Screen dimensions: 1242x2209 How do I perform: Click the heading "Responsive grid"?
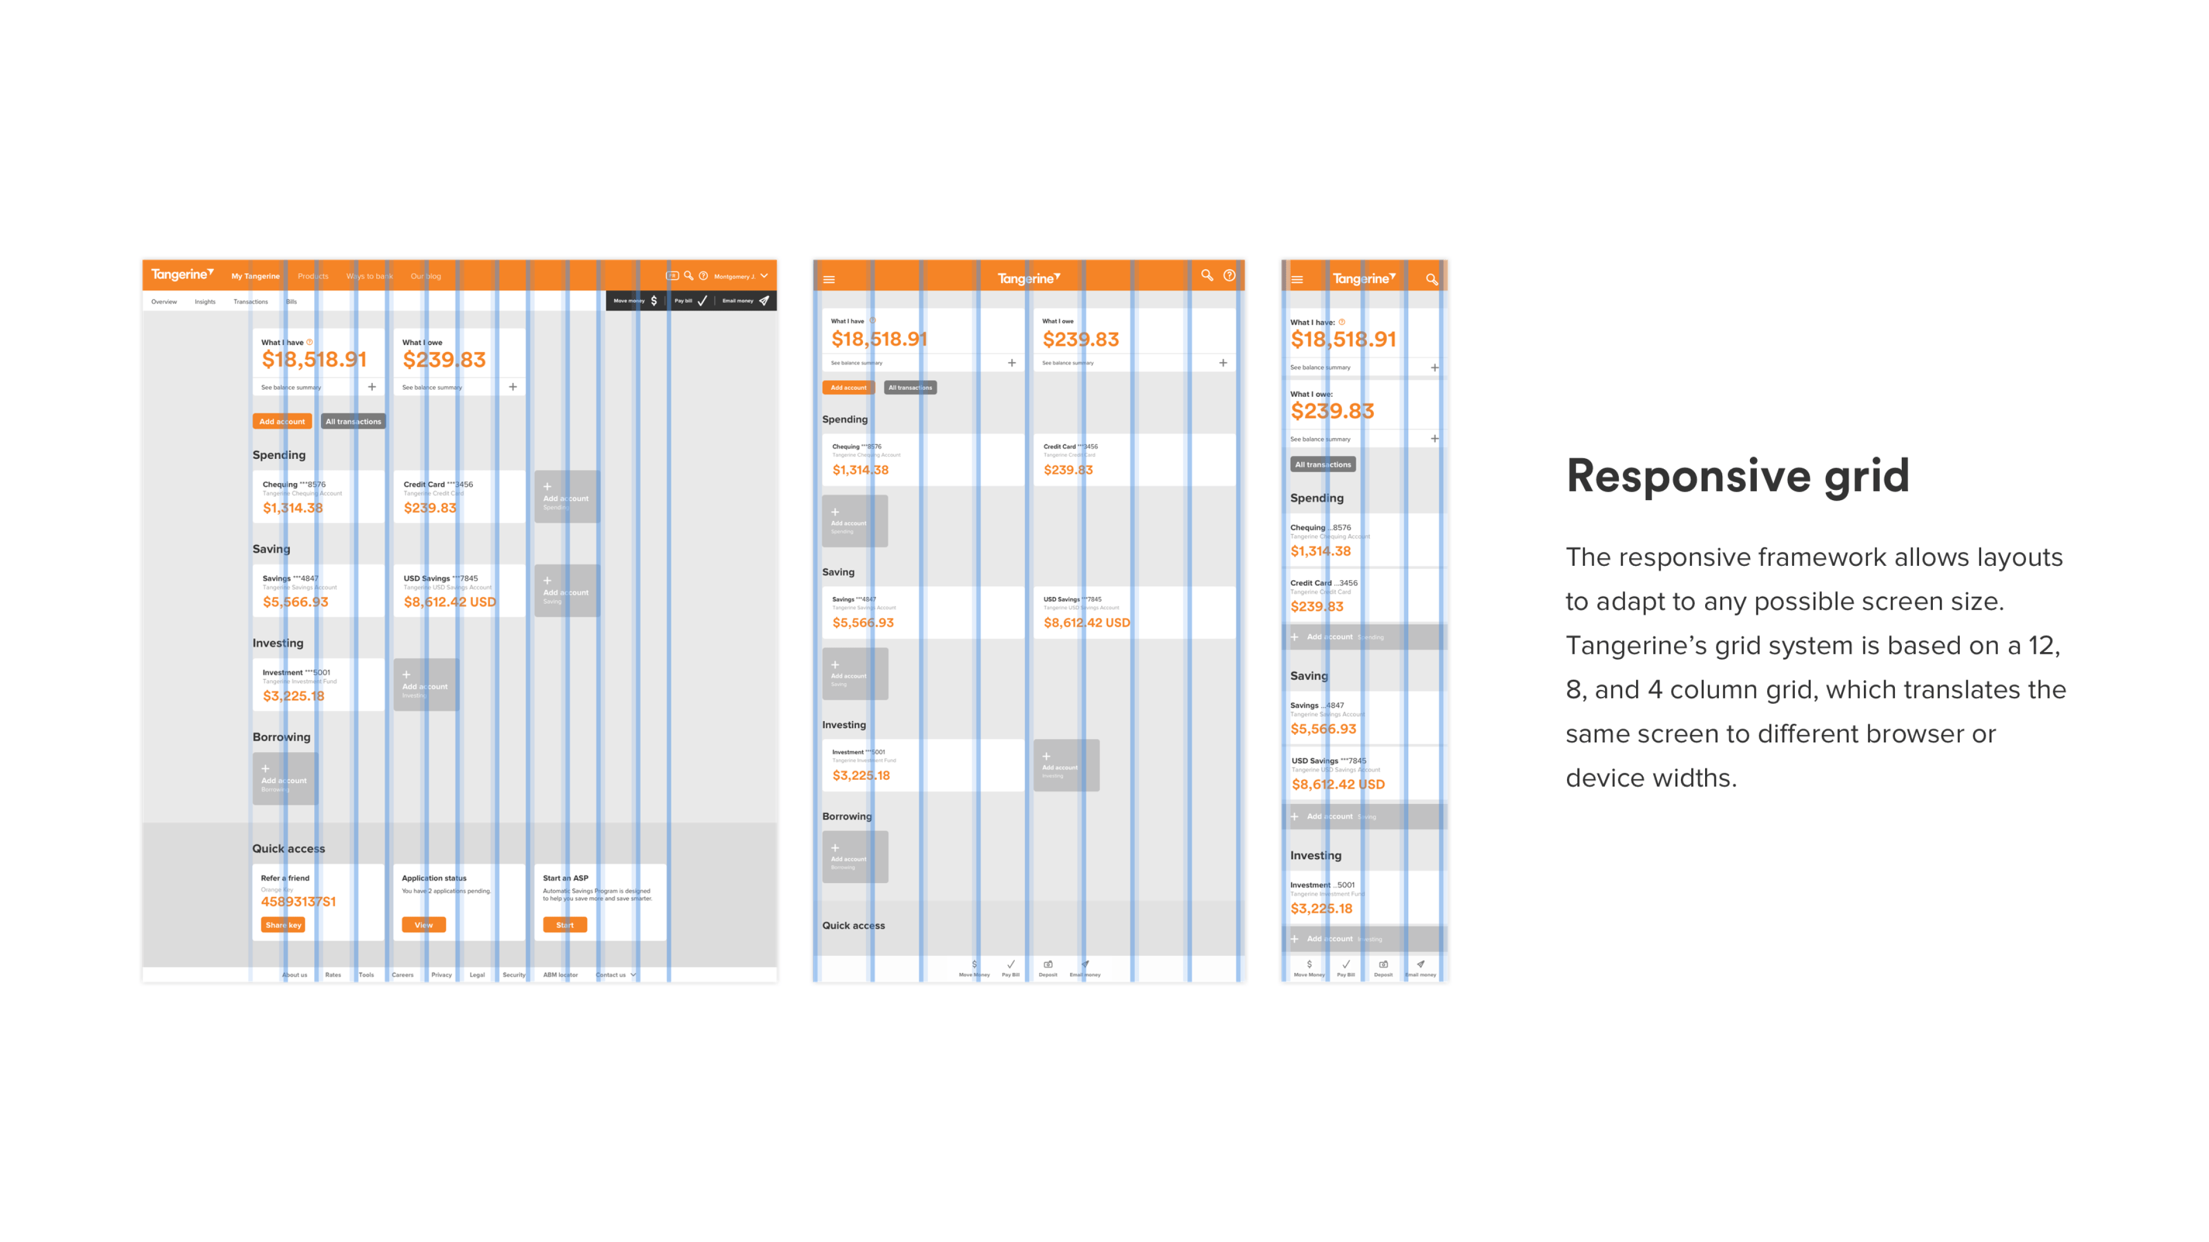[x=1737, y=477]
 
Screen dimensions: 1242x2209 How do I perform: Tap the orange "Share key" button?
[x=283, y=925]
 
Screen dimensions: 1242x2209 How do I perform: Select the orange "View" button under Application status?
[x=423, y=925]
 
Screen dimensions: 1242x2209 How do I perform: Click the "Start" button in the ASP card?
[x=564, y=925]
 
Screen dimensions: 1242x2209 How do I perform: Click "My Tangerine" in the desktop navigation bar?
[x=255, y=276]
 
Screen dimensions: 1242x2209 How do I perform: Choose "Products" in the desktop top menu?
[x=313, y=276]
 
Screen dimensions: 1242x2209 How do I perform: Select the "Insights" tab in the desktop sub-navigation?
[x=205, y=302]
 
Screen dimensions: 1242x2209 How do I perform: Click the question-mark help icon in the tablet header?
[x=1229, y=276]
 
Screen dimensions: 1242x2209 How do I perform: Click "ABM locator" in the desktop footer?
[x=560, y=975]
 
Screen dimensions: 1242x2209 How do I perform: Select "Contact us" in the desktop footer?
[x=612, y=975]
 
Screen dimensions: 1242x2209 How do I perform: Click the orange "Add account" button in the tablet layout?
[x=848, y=388]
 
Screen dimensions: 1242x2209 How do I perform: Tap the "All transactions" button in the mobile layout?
[x=1323, y=465]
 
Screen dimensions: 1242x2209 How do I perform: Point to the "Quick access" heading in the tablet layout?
[x=853, y=926]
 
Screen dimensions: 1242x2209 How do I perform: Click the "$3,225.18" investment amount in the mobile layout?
[x=1321, y=908]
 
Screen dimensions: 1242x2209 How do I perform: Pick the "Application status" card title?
[x=434, y=877]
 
